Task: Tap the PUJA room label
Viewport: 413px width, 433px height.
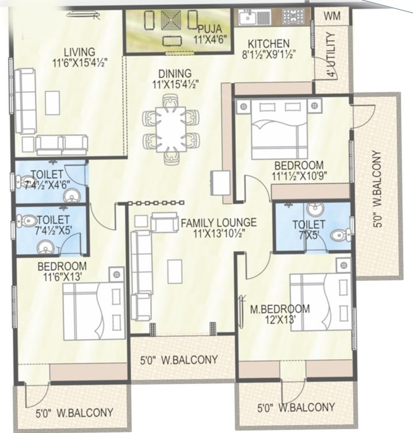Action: pos(206,29)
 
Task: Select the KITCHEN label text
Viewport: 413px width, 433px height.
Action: pos(269,44)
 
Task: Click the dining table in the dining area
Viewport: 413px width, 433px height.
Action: pos(171,128)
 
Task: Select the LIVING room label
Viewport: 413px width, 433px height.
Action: pos(79,52)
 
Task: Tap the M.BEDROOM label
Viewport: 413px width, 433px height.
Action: pos(280,309)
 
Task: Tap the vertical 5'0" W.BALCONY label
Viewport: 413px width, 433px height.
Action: pos(377,189)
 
